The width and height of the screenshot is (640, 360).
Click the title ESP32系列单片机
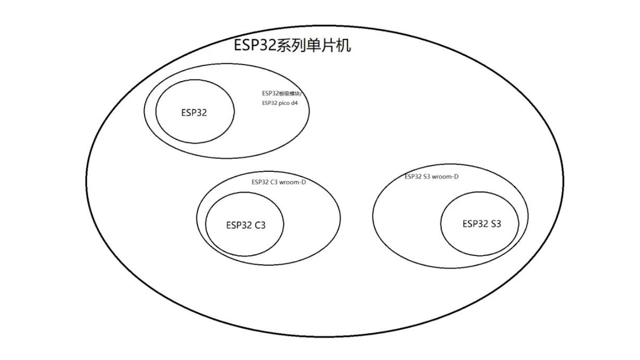[292, 45]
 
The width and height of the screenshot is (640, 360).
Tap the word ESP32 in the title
[254, 45]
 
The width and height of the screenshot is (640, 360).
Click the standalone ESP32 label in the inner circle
[194, 113]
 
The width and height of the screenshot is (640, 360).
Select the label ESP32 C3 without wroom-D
[245, 225]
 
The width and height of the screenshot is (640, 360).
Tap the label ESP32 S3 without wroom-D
[481, 224]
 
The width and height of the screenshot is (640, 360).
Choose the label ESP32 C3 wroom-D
[278, 182]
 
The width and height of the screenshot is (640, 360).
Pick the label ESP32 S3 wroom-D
[431, 176]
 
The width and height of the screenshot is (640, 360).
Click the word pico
[284, 103]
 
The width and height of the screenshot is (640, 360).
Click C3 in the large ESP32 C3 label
[259, 225]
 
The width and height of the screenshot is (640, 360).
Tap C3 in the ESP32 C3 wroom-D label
[274, 182]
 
